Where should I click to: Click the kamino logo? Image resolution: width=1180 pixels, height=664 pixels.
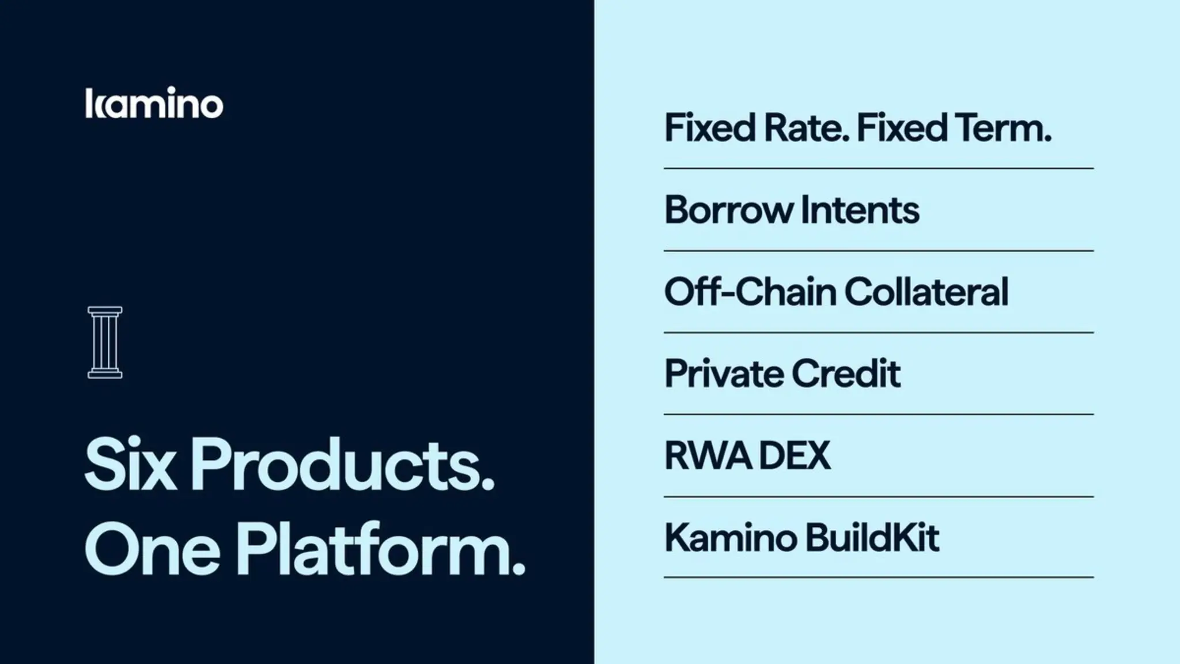(154, 104)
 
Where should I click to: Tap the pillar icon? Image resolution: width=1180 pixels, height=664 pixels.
(105, 342)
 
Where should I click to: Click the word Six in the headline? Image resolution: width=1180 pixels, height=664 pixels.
(130, 465)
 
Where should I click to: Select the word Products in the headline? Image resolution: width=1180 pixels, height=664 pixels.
(342, 465)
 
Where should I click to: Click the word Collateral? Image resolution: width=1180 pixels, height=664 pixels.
(926, 292)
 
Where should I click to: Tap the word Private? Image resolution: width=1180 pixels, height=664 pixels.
(724, 374)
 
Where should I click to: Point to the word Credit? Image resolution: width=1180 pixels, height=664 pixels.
(846, 374)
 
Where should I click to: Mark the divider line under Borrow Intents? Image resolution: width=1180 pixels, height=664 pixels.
(879, 251)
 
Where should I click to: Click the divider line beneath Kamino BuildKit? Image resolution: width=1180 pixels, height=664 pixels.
(879, 577)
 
